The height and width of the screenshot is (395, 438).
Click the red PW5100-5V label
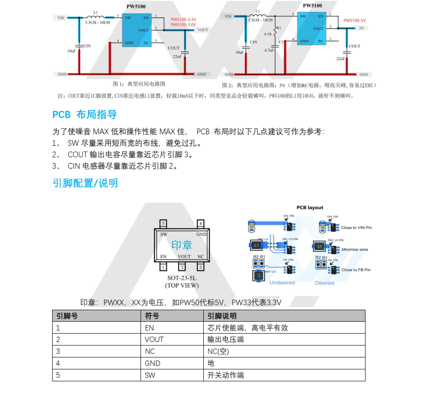tap(354, 20)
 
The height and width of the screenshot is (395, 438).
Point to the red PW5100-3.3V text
tap(183, 20)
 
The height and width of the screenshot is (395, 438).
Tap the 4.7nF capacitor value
tap(269, 50)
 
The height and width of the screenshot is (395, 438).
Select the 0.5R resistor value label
tap(268, 34)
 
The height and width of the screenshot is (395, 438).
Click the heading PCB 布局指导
tap(84, 114)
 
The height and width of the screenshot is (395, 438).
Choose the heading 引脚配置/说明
tap(85, 183)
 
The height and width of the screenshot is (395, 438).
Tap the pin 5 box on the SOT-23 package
tap(163, 223)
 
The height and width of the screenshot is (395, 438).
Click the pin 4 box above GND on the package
tap(201, 223)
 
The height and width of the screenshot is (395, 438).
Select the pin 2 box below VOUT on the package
tap(182, 267)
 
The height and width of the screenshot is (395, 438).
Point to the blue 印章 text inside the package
tap(182, 245)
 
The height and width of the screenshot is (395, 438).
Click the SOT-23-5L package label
tap(182, 278)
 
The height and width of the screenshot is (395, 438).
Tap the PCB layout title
tap(309, 208)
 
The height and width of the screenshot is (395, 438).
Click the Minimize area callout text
tap(354, 250)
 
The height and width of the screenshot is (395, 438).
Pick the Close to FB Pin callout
tap(356, 270)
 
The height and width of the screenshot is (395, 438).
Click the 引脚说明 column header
tap(222, 316)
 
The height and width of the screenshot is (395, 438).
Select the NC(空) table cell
tap(218, 351)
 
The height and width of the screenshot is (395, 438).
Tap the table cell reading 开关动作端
tap(225, 375)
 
